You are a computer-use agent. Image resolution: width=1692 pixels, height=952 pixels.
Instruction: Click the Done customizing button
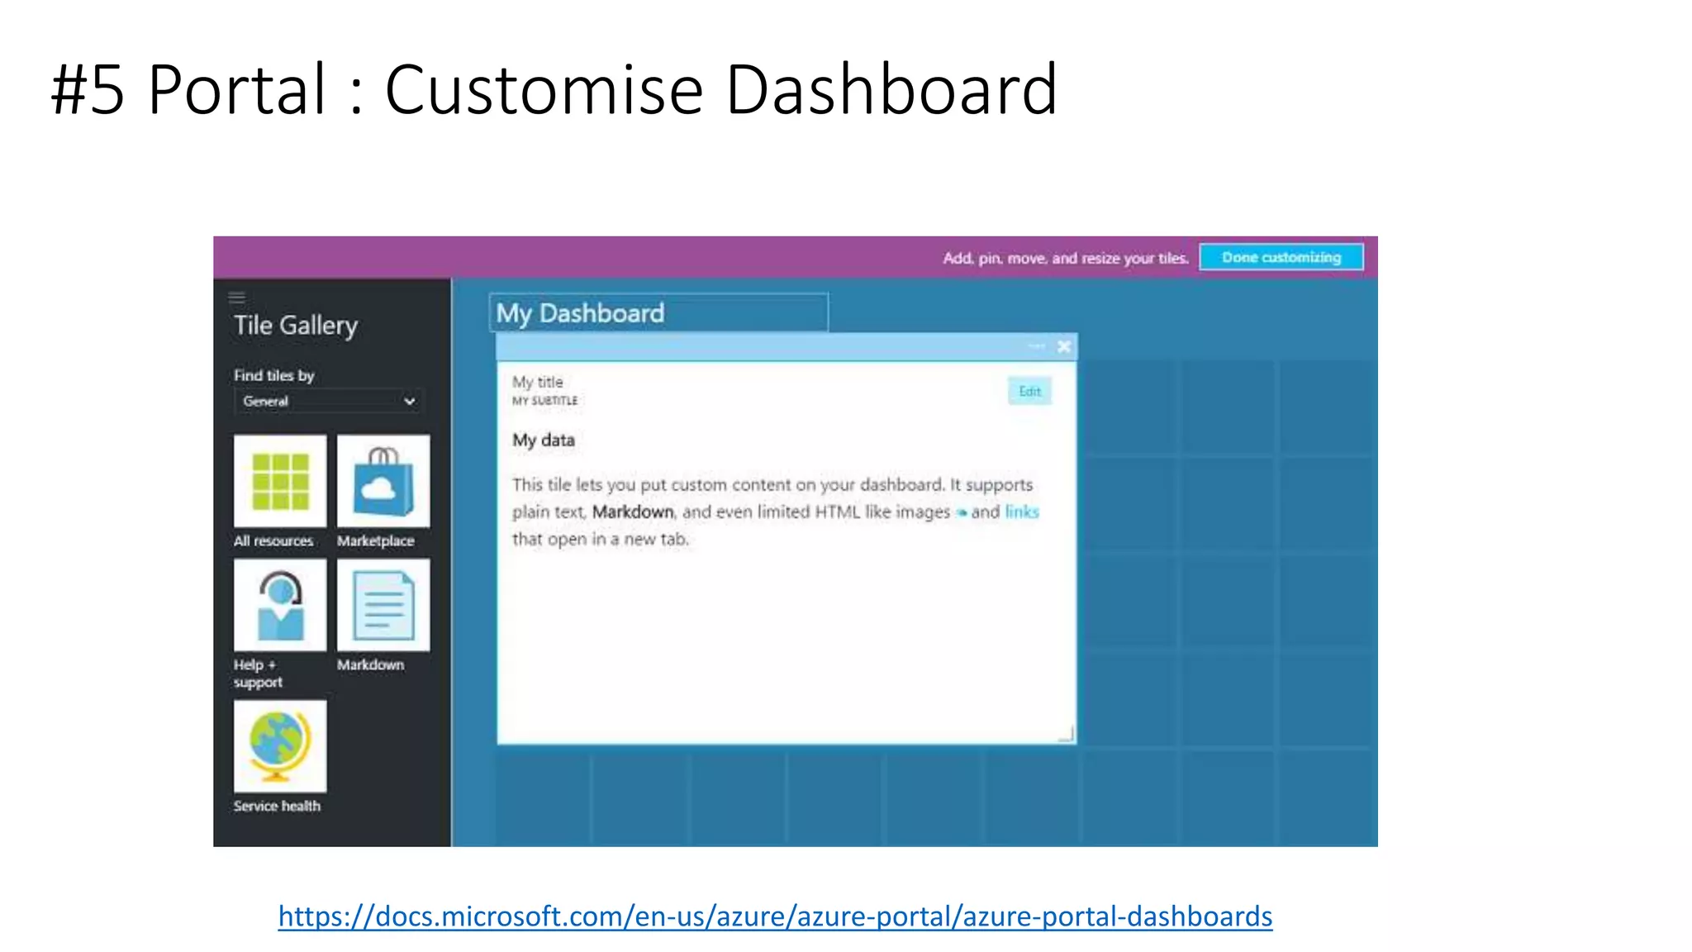point(1281,257)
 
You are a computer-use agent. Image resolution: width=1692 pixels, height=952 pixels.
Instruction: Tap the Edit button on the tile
point(1029,391)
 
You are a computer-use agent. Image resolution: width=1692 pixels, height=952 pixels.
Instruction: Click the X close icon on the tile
point(1064,347)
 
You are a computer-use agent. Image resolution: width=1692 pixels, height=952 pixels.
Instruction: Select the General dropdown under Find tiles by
point(328,401)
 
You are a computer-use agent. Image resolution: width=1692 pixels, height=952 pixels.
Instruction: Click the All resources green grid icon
point(280,481)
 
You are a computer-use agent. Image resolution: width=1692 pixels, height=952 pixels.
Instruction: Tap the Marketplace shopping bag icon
point(383,481)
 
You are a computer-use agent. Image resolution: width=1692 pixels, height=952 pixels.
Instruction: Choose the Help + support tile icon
point(280,605)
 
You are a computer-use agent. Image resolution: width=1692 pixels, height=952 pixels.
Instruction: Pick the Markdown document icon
point(383,605)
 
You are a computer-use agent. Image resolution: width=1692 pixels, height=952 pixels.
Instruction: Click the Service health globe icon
point(280,746)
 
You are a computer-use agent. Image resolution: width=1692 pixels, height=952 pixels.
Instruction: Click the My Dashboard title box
point(658,313)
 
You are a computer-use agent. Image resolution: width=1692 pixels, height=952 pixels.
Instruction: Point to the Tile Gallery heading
point(296,325)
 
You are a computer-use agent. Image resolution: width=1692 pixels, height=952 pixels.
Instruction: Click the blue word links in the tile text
point(1022,512)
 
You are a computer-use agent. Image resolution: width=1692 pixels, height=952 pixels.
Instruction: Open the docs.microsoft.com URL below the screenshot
point(775,916)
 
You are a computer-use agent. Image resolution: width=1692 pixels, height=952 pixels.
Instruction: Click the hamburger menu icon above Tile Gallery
point(237,297)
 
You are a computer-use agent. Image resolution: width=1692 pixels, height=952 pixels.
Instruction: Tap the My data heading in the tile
point(544,440)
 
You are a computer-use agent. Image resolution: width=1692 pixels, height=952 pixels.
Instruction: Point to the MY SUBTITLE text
point(545,401)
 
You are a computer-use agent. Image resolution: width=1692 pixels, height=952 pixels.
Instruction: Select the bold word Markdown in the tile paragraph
point(633,512)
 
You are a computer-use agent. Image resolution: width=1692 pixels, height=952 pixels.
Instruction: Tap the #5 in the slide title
point(88,89)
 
